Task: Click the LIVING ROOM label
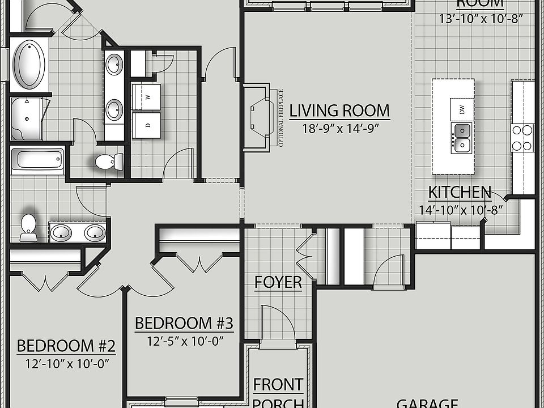pos(339,110)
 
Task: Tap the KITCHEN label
pos(460,193)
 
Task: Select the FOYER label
pos(278,282)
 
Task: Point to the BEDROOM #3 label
pos(184,324)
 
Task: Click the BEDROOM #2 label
pos(66,346)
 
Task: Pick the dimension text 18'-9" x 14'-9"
pos(339,128)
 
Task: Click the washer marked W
pos(146,97)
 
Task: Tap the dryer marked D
pos(146,125)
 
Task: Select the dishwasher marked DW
pos(462,109)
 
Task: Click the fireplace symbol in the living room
pos(258,117)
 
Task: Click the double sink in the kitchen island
pos(462,138)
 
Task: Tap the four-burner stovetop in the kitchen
pos(522,137)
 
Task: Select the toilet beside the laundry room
pos(108,161)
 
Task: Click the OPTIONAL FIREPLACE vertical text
pos(280,118)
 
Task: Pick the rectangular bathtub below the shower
pos(37,159)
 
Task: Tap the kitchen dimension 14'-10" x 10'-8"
pos(461,210)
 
